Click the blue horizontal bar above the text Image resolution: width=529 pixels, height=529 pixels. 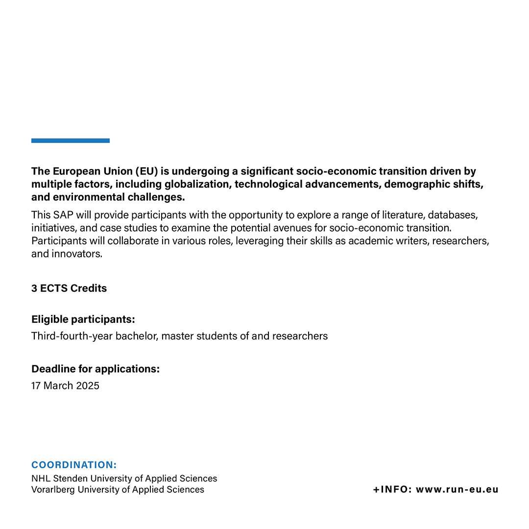tap(71, 141)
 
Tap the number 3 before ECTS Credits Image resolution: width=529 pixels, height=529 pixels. tap(34, 289)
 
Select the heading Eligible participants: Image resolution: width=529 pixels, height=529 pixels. tap(83, 320)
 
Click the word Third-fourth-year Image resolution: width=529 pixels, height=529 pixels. tap(72, 336)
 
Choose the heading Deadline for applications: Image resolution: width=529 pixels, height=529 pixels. tap(96, 369)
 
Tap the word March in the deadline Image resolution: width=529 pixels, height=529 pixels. tap(58, 385)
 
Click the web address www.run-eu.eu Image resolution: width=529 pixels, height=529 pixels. tap(457, 489)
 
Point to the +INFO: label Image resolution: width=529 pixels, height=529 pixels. tap(392, 489)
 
